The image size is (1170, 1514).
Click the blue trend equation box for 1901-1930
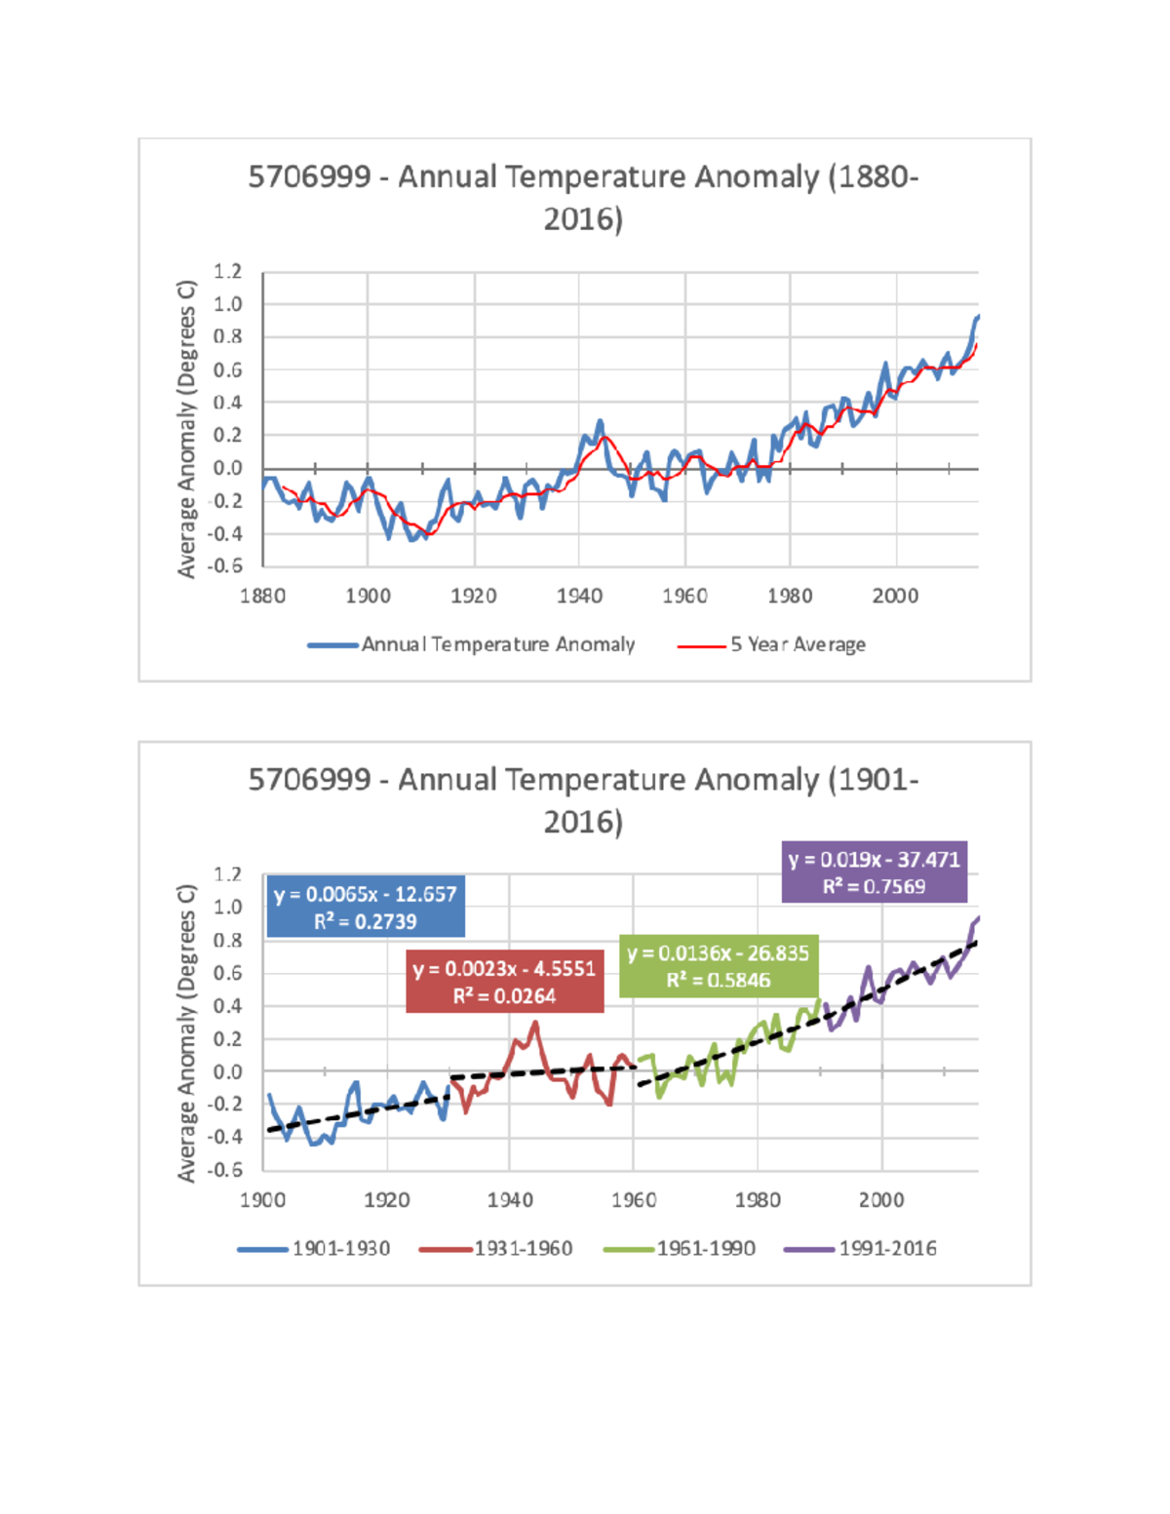[x=366, y=907]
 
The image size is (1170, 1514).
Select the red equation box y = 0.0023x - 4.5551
[x=504, y=982]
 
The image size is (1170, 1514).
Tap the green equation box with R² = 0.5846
[x=719, y=966]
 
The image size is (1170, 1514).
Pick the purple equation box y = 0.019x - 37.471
[x=874, y=873]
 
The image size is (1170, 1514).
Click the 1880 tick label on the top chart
[x=262, y=596]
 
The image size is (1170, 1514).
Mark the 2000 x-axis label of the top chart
[x=894, y=596]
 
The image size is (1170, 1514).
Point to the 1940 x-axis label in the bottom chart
[x=510, y=1199]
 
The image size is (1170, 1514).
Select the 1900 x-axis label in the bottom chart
[x=262, y=1199]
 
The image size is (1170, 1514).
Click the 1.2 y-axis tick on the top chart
[x=227, y=271]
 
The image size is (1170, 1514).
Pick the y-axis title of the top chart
[x=186, y=429]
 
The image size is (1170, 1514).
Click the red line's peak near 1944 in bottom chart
[x=535, y=1023]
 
